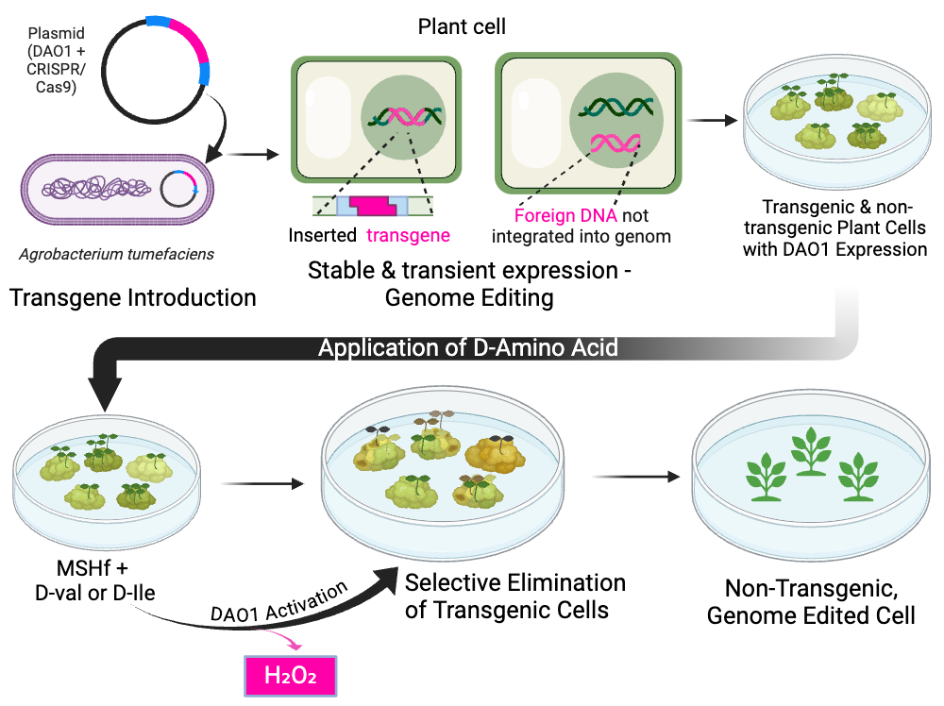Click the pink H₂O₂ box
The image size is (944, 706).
pyautogui.click(x=291, y=676)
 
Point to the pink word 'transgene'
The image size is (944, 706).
pyautogui.click(x=409, y=235)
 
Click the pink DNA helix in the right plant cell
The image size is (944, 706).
pyautogui.click(x=615, y=143)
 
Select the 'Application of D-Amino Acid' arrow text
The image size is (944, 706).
pyautogui.click(x=468, y=347)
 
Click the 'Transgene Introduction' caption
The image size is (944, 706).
pyautogui.click(x=132, y=298)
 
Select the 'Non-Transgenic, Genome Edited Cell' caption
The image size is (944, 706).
pyautogui.click(x=810, y=602)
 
